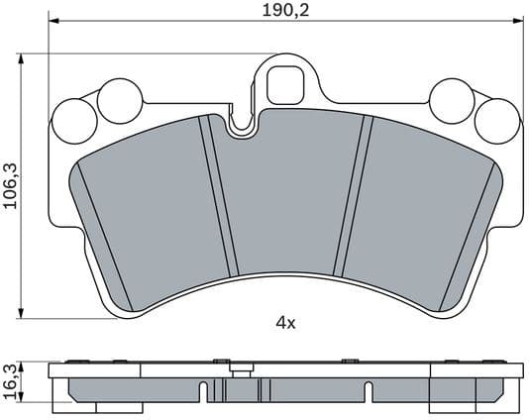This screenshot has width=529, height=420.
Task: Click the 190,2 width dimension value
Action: pyautogui.click(x=283, y=11)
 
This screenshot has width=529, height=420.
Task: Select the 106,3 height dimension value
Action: pyautogui.click(x=11, y=182)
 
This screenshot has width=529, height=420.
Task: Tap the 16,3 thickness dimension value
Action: pyautogui.click(x=11, y=383)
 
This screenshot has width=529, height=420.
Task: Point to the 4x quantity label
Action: pyautogui.click(x=285, y=322)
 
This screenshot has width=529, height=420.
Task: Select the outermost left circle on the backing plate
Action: pyautogui.click(x=70, y=120)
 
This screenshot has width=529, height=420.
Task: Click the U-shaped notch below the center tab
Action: pyautogui.click(x=240, y=125)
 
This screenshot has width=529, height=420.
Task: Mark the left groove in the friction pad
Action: pyautogui.click(x=219, y=196)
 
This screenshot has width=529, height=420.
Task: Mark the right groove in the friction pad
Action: pyautogui.click(x=351, y=196)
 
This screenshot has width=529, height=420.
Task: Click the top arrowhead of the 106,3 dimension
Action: pyautogui.click(x=21, y=58)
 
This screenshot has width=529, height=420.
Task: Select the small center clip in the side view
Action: pyautogui.click(x=237, y=372)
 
